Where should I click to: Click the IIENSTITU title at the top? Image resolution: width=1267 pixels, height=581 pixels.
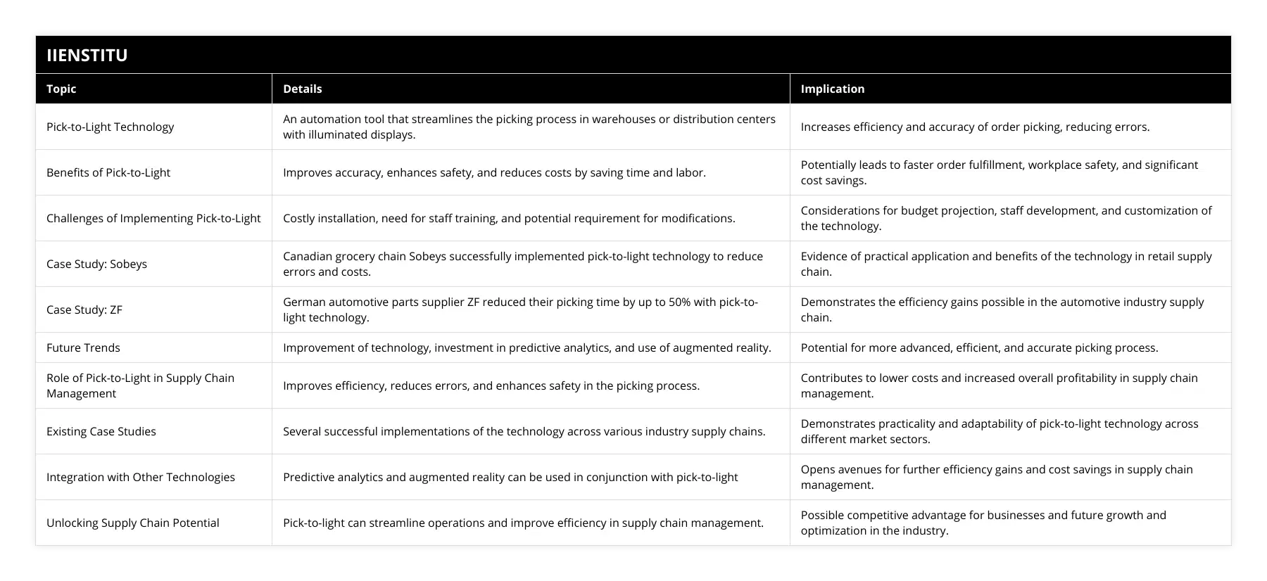[87, 55]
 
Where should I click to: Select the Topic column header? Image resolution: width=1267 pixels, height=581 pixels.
[61, 89]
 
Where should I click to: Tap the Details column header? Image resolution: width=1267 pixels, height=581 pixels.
[302, 89]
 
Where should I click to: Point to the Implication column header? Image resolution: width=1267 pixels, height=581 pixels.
[832, 89]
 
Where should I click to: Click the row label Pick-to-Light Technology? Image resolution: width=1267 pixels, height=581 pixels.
[110, 127]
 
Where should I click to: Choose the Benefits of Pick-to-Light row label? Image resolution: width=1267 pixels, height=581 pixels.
[108, 172]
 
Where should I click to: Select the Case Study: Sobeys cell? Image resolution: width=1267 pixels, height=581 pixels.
[96, 264]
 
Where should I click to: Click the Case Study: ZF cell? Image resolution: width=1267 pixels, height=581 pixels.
[84, 309]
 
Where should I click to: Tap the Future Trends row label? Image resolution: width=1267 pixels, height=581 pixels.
[83, 347]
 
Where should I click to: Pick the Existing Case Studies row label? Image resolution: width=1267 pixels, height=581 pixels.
[101, 431]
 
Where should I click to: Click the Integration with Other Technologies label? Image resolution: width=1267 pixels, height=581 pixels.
[141, 477]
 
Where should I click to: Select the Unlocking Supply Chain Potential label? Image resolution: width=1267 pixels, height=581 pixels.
[133, 523]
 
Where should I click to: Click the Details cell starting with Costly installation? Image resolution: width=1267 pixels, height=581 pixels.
[509, 218]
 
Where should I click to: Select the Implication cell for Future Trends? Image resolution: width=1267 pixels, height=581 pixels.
[979, 347]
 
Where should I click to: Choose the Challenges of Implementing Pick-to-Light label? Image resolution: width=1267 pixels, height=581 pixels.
[153, 218]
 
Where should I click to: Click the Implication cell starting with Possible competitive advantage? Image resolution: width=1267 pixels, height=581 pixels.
[983, 523]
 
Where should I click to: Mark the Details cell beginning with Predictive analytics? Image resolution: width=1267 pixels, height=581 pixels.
[510, 477]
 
